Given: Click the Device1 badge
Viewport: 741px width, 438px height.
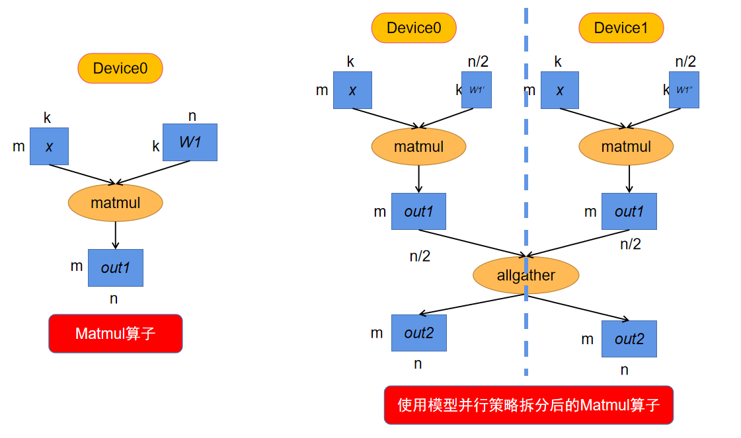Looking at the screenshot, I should pyautogui.click(x=621, y=28).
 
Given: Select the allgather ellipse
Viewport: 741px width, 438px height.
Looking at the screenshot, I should pyautogui.click(x=526, y=275).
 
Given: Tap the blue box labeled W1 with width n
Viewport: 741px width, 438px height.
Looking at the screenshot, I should pyautogui.click(x=190, y=143).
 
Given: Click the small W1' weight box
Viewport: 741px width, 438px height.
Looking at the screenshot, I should pyautogui.click(x=477, y=90).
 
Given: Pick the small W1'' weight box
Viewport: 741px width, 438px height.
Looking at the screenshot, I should pyautogui.click(x=684, y=90).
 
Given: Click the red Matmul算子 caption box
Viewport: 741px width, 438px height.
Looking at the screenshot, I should pyautogui.click(x=116, y=334).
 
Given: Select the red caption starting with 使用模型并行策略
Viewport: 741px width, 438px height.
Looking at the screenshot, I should pyautogui.click(x=528, y=405).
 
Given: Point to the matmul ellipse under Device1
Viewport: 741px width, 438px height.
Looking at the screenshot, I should pyautogui.click(x=626, y=147).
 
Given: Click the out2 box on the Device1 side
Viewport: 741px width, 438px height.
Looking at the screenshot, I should pyautogui.click(x=629, y=339).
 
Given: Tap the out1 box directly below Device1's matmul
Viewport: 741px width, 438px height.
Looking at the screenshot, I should pyautogui.click(x=629, y=211).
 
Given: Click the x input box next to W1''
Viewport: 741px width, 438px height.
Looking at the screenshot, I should pyautogui.click(x=560, y=90).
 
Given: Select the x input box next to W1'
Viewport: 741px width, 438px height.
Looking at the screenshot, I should pyautogui.click(x=352, y=90).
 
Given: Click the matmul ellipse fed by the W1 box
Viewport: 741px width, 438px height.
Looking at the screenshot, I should pyautogui.click(x=116, y=203).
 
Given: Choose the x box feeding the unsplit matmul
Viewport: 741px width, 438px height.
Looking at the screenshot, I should pyautogui.click(x=49, y=146).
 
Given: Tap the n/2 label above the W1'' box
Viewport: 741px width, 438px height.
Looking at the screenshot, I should pyautogui.click(x=685, y=62).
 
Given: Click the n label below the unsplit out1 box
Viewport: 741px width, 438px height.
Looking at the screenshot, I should pyautogui.click(x=114, y=299).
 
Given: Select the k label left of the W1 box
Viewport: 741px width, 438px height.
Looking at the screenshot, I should pyautogui.click(x=156, y=146).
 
